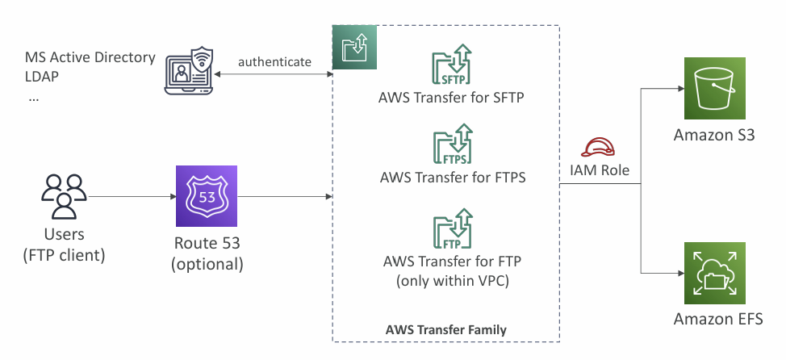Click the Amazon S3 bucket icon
point(715,88)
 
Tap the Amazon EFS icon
point(715,274)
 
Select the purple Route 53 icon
point(207,196)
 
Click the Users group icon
point(64,196)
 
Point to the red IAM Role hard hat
point(598,148)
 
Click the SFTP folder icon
point(453,65)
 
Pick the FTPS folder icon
point(453,144)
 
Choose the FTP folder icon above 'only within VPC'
point(453,229)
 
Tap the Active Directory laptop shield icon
point(189,71)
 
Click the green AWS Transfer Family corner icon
point(354,47)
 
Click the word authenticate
point(274,62)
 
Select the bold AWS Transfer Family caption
point(446,330)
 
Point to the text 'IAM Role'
point(599,170)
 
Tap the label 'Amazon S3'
point(714,136)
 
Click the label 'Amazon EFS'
point(718,319)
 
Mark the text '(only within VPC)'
point(453,281)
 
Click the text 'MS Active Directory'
point(90,57)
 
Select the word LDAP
point(42,77)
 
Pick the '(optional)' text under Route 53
point(207,264)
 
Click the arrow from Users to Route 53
point(132,196)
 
